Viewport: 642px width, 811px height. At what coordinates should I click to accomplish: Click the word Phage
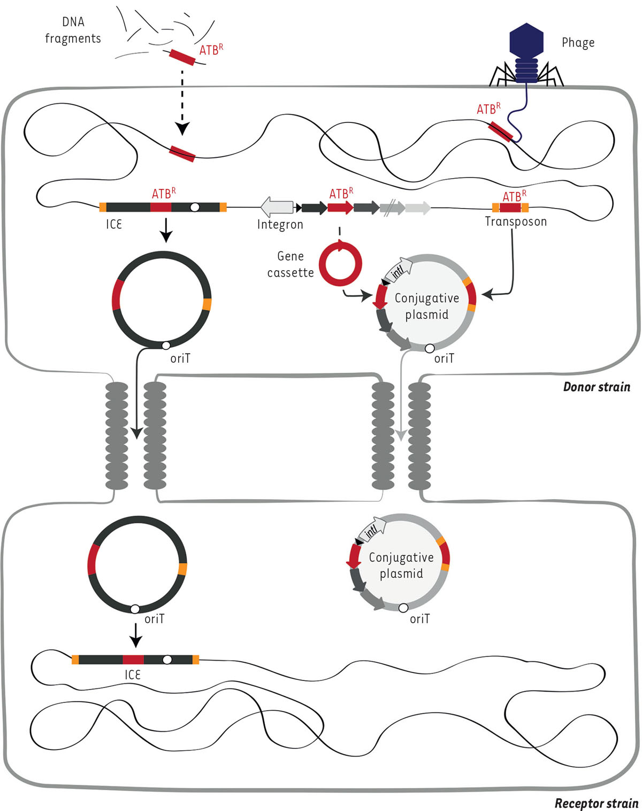click(578, 43)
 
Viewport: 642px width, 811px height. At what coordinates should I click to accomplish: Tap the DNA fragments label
click(73, 30)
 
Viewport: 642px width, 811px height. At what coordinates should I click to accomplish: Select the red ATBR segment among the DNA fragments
click(182, 57)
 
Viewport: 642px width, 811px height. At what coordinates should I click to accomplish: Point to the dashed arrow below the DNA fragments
click(182, 102)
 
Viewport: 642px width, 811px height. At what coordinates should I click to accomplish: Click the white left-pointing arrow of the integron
click(277, 207)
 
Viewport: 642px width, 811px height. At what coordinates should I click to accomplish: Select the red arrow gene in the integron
click(340, 208)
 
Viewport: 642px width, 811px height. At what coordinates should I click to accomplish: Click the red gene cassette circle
click(340, 264)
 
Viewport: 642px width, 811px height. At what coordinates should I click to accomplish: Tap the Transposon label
click(516, 221)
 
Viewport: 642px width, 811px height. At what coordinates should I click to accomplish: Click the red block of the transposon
click(510, 208)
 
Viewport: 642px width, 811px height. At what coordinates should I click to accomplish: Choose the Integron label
click(280, 225)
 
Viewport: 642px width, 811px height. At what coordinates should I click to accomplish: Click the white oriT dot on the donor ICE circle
click(166, 346)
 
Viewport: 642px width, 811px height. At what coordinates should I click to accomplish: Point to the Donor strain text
click(597, 387)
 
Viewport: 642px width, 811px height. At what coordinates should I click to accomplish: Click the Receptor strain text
click(596, 803)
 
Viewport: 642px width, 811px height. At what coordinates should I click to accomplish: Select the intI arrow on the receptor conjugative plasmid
click(373, 529)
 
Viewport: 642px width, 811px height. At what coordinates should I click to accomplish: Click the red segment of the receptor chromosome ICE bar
click(133, 659)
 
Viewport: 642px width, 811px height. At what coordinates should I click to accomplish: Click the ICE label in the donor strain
click(113, 224)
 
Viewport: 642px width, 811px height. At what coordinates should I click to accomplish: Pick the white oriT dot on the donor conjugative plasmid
click(429, 349)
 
